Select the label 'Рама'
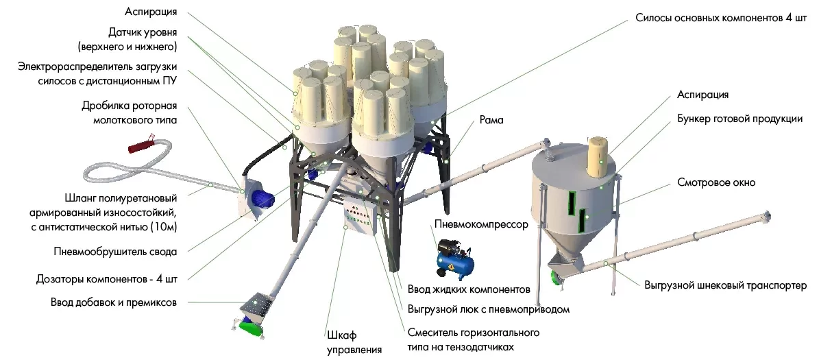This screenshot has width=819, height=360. pos(491,120)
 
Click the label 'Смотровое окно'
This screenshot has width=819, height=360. pos(716,182)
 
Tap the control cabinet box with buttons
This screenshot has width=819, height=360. pos(360,219)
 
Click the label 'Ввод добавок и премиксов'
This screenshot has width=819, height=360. pos(114,302)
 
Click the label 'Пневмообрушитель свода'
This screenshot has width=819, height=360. pos(116,251)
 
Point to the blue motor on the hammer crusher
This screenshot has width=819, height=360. pos(262,200)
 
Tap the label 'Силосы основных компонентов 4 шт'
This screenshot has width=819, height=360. pos(720,19)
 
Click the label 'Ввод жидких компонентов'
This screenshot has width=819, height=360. pos(469,289)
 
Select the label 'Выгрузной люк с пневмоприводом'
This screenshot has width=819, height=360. pos(489,309)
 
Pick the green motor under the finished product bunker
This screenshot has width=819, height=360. pos(556,275)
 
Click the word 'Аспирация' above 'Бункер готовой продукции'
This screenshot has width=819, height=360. pos(702,95)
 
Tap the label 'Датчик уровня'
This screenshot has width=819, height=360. pos(143,32)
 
